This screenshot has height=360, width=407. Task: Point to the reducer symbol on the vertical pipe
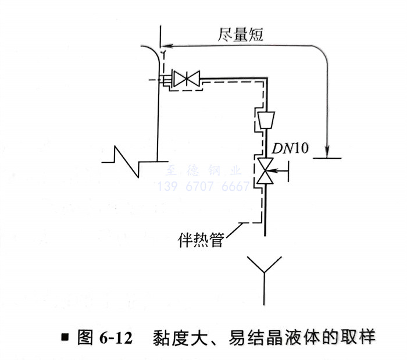point(265,120)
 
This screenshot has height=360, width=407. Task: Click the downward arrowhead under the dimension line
point(329,151)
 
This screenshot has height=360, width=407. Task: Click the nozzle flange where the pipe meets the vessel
point(165,79)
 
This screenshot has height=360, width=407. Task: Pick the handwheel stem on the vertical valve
point(279,170)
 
